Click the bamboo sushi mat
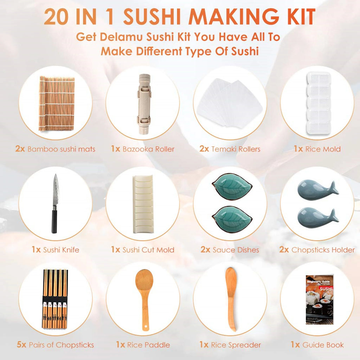tap(57, 103)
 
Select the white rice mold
tap(318, 102)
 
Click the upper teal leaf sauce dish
tap(232, 188)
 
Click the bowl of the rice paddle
tap(144, 281)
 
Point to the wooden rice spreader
tap(231, 299)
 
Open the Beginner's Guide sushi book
tap(318, 299)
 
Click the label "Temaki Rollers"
tap(236, 149)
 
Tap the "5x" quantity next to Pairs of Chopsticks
tap(21, 345)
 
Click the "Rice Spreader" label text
tap(236, 345)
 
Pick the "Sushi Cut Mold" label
tap(148, 250)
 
